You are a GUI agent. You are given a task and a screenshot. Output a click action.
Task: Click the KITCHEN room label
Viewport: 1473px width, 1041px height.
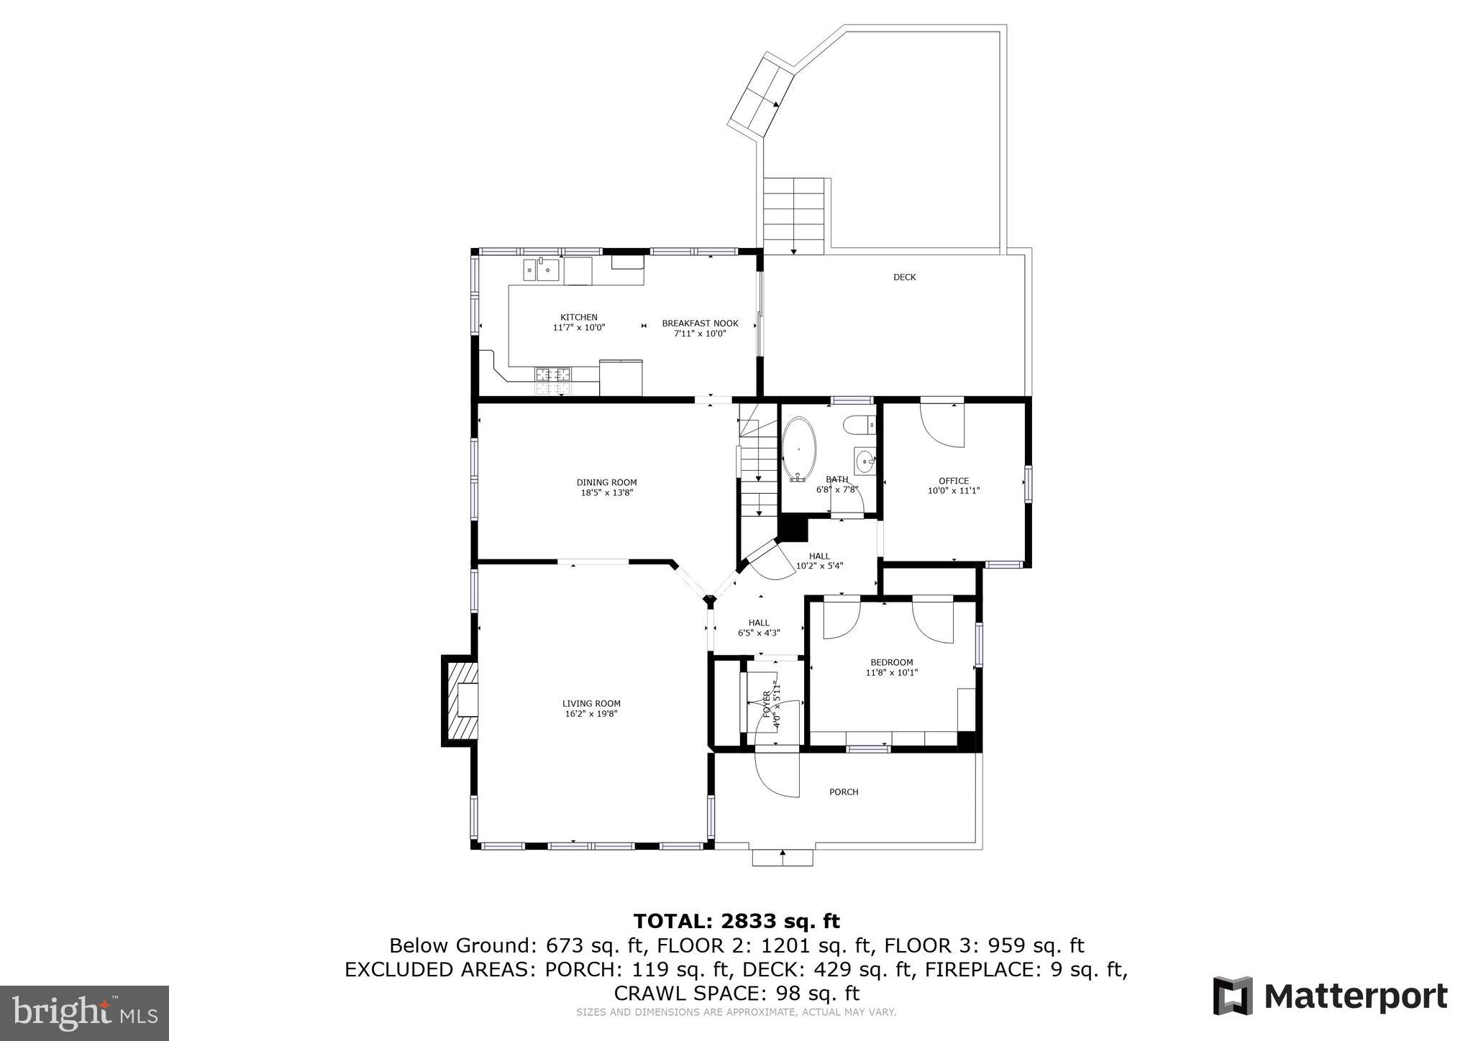(x=579, y=317)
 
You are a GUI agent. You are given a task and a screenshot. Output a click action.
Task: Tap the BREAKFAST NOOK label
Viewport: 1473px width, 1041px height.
(x=700, y=324)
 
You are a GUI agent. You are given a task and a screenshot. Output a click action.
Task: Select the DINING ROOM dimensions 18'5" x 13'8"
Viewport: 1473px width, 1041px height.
(x=606, y=493)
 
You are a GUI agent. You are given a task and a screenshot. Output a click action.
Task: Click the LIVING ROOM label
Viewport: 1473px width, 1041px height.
(x=591, y=704)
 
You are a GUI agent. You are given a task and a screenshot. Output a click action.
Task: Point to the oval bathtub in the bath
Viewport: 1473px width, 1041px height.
(x=798, y=449)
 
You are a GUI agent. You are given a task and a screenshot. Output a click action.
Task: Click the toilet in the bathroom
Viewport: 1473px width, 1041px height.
(x=859, y=426)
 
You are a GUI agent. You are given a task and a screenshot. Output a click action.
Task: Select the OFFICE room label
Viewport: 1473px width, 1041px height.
(x=953, y=481)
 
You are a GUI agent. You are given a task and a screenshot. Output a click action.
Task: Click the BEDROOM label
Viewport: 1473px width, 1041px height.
(x=891, y=662)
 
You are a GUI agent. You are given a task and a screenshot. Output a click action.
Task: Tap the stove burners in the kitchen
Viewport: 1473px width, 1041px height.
(x=552, y=381)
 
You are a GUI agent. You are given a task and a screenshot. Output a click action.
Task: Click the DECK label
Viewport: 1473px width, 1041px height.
(x=904, y=277)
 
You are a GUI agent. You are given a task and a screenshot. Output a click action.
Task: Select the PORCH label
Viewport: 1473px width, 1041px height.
(x=844, y=792)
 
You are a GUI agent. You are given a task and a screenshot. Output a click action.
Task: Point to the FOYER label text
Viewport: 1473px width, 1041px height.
(x=767, y=705)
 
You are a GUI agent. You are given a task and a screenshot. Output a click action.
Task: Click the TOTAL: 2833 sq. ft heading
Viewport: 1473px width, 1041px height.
(x=736, y=921)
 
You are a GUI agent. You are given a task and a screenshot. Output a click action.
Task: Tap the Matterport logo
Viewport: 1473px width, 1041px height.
(x=1330, y=996)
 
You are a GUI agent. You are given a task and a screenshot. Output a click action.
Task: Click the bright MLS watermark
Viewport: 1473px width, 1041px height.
(x=84, y=1012)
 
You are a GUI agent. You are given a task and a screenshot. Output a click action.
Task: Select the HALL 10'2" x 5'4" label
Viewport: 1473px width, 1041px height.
(x=819, y=561)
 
